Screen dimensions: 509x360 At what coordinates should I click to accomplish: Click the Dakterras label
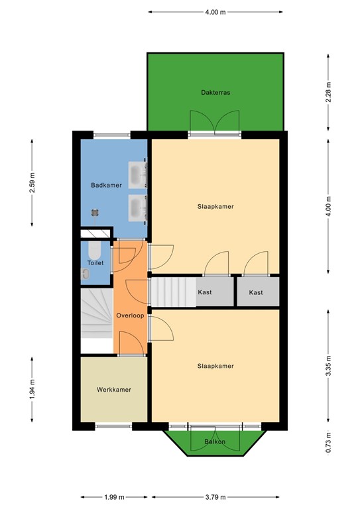(215, 93)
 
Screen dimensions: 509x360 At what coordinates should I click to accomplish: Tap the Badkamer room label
(106, 186)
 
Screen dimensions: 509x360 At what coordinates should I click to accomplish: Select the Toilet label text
(95, 263)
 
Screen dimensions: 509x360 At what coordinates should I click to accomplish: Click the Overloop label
(130, 315)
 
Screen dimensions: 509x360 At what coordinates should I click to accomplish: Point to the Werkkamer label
(113, 389)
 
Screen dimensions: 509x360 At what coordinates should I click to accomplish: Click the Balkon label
(215, 441)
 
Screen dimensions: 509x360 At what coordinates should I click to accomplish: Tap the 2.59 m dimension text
(32, 182)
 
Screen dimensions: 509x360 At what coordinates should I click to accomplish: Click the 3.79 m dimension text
(215, 497)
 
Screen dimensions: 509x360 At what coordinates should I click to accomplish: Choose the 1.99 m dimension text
(113, 497)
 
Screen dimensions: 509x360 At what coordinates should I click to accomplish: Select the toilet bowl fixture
(94, 251)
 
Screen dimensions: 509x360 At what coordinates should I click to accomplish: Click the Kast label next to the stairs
(205, 292)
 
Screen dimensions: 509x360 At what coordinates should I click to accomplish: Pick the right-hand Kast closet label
(256, 292)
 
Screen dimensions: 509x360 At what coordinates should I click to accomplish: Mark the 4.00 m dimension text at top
(215, 12)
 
